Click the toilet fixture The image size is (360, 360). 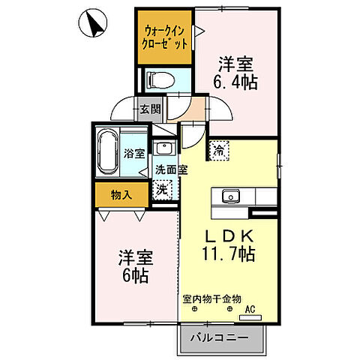pos(160,79)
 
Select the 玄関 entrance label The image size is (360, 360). pos(150,109)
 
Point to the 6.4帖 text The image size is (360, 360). pos(238,82)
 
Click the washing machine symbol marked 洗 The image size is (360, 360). pos(161,190)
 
